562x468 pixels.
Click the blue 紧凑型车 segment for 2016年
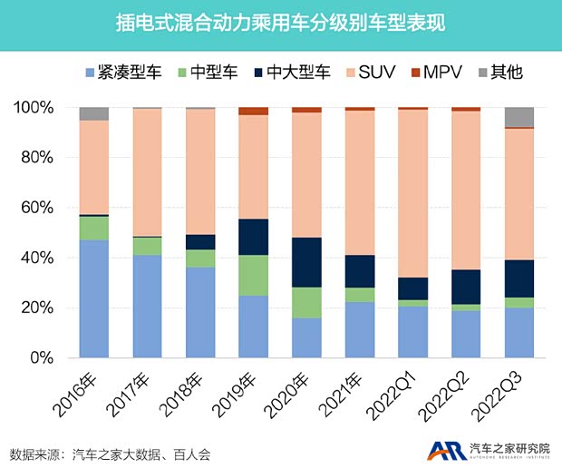(94, 298)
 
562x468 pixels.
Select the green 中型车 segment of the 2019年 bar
(254, 275)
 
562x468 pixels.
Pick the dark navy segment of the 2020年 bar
(306, 262)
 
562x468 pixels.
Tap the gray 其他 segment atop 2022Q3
(519, 117)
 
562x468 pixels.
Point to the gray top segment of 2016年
(94, 113)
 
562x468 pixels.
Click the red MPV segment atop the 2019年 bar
(254, 111)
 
